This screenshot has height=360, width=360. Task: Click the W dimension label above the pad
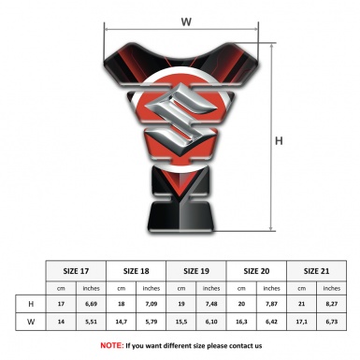click(186, 22)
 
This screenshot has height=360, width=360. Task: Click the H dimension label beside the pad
click(279, 141)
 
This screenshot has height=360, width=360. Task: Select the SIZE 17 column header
click(76, 271)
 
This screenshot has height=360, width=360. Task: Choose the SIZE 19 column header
click(196, 271)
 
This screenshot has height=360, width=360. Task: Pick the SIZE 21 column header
click(316, 271)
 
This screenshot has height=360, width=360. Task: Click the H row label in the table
click(31, 304)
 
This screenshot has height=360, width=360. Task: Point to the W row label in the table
click(31, 322)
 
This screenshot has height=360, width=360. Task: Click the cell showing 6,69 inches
click(91, 304)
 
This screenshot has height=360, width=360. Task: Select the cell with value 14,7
click(121, 322)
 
